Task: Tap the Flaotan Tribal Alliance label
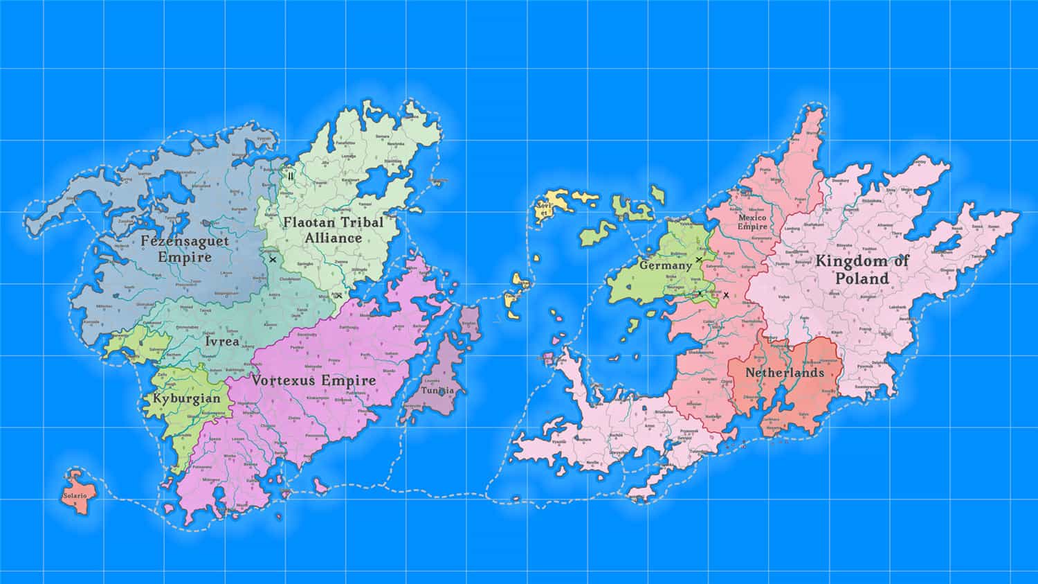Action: (333, 230)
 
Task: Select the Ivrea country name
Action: (222, 341)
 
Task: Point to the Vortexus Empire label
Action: (313, 380)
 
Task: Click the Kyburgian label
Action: (187, 398)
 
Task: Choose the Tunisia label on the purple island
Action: (438, 390)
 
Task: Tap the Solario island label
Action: (75, 496)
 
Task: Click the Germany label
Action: (665, 265)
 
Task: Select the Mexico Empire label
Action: (752, 222)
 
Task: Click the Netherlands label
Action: (785, 373)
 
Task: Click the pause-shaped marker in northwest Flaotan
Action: (291, 176)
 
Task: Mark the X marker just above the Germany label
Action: (699, 259)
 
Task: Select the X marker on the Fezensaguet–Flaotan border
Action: (273, 260)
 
